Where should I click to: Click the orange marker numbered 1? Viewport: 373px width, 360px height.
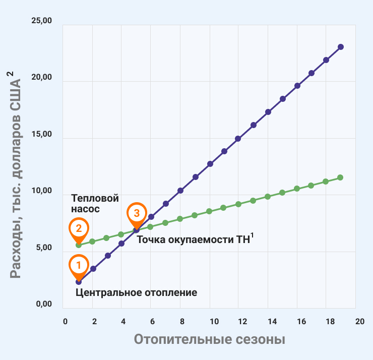click(x=79, y=265)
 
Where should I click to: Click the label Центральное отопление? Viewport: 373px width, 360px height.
click(x=136, y=292)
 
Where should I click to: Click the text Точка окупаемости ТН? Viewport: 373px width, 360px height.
click(x=193, y=239)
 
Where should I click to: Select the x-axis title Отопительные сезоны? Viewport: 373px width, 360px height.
click(x=209, y=339)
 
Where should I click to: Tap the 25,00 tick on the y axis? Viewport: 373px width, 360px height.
click(x=42, y=21)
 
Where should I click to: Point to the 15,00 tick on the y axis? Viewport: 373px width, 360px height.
click(x=42, y=135)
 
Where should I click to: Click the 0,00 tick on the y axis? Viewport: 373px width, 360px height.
click(x=42, y=305)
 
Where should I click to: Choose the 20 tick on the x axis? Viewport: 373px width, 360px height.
click(x=359, y=321)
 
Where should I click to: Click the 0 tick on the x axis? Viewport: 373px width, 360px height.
click(x=65, y=321)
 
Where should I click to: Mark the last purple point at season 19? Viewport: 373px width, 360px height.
click(x=341, y=47)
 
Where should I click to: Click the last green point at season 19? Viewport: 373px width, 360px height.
click(x=340, y=177)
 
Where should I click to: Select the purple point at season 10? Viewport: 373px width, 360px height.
click(x=210, y=164)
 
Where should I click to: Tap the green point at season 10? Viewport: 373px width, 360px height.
click(x=209, y=211)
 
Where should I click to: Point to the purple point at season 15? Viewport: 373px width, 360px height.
click(x=283, y=99)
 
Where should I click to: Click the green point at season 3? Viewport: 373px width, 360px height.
click(x=106, y=238)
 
